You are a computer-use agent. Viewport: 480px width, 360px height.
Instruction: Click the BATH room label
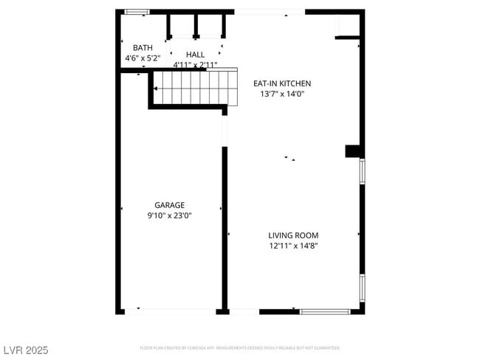[143, 47]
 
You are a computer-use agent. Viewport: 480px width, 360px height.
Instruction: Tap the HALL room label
[195, 55]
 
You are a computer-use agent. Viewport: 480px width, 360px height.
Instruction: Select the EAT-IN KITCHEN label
[282, 83]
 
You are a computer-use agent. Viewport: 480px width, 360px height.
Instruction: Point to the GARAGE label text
[169, 205]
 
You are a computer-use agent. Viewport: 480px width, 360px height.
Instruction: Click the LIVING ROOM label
[293, 235]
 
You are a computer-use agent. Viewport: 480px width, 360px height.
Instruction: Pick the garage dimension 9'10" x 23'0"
[169, 215]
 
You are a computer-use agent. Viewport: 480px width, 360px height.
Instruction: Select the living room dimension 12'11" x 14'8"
[293, 246]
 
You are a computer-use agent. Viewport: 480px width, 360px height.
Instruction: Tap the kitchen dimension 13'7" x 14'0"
[282, 94]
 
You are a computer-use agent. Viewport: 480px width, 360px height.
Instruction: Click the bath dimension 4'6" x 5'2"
[143, 58]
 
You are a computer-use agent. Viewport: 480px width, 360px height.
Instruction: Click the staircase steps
[196, 88]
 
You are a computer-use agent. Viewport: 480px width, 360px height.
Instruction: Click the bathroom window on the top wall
[137, 12]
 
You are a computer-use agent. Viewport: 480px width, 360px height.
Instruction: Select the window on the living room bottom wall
[325, 311]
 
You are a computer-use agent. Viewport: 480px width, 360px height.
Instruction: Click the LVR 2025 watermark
[26, 350]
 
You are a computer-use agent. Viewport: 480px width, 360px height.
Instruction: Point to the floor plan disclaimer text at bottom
[240, 347]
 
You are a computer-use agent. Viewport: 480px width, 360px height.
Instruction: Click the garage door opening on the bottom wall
[169, 311]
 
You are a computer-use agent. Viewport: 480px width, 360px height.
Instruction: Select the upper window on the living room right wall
[362, 171]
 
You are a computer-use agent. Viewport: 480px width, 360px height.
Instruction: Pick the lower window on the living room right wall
[362, 288]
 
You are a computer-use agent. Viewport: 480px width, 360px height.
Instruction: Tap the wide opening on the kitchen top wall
[270, 12]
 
